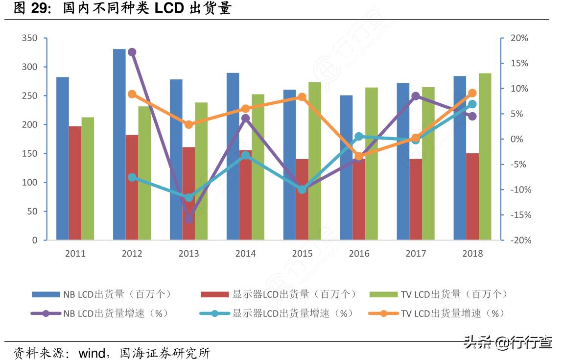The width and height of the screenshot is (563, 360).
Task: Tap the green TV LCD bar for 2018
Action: point(485,157)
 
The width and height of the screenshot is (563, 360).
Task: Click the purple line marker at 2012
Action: point(132,52)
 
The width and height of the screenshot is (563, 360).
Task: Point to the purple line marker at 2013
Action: point(188,219)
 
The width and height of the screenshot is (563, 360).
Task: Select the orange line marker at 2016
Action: point(359,156)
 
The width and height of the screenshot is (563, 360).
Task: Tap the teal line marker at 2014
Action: point(245,155)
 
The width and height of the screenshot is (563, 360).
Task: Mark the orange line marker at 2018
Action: point(472,93)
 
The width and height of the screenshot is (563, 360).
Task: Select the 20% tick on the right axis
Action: point(519,38)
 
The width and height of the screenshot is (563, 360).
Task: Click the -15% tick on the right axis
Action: point(519,215)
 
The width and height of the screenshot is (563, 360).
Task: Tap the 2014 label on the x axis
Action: point(245,254)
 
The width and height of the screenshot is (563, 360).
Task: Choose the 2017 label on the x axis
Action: point(416,254)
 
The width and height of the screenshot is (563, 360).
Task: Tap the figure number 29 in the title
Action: point(43,8)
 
